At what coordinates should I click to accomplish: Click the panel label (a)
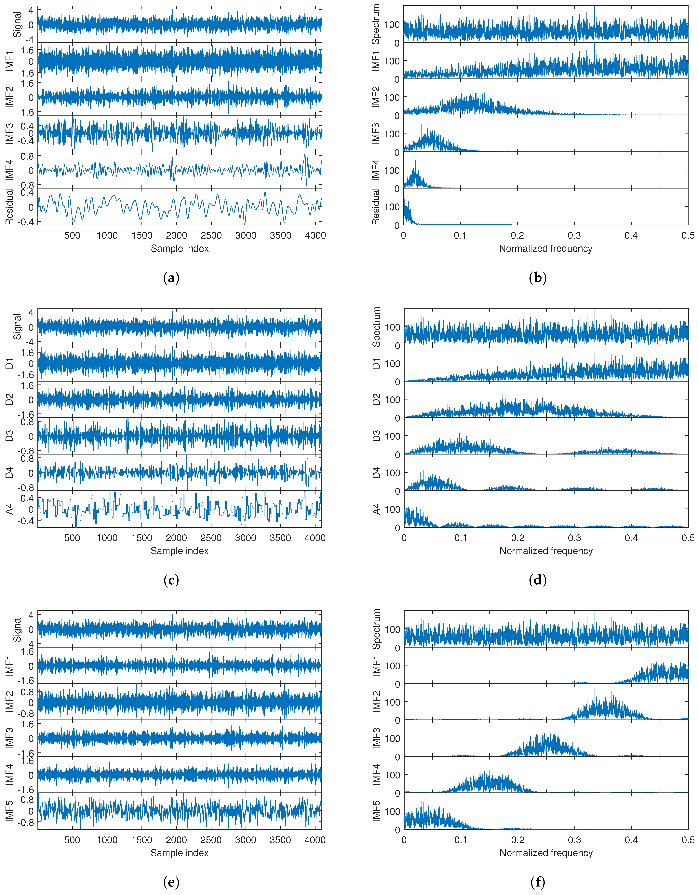(171, 278)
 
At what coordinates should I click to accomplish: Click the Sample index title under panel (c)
(179, 551)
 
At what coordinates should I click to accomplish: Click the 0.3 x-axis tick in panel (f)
(574, 840)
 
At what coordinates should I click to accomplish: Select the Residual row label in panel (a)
(9, 206)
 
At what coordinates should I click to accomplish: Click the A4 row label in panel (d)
(376, 509)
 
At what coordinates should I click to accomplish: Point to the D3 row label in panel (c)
(9, 436)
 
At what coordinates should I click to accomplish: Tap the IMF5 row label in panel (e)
(9, 811)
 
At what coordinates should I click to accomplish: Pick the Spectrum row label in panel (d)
(376, 327)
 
